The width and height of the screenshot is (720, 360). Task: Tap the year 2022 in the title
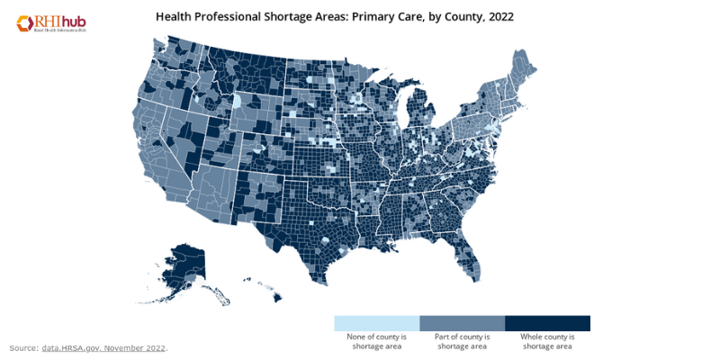coord(496,16)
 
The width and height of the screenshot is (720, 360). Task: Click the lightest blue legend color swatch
coord(376,323)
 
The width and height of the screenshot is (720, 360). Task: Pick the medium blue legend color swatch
coord(462,323)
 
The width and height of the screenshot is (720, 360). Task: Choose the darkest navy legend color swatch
coord(547,323)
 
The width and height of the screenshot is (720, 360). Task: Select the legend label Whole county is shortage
coord(547,341)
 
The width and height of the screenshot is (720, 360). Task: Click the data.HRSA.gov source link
coord(103,348)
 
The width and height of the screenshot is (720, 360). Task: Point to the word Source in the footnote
coord(23,348)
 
